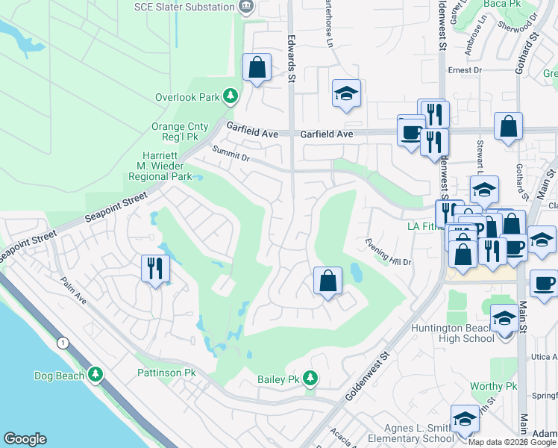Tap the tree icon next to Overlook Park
(231, 96)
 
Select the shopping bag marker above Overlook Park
(257, 68)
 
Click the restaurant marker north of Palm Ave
(155, 269)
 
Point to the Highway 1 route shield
(62, 342)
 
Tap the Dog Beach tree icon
(95, 375)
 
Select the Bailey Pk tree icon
(310, 379)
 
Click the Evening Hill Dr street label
(388, 251)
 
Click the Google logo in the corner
(25, 439)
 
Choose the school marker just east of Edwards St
(346, 96)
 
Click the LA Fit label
(419, 226)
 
